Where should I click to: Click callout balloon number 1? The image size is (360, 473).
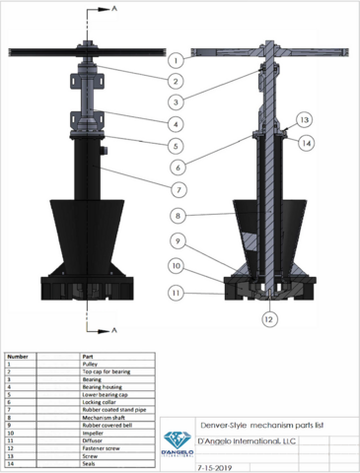(174, 59)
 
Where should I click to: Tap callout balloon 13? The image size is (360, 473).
(306, 119)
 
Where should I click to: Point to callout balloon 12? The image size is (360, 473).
(268, 317)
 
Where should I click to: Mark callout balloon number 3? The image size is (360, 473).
(174, 101)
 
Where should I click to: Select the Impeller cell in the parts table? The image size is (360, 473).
(94, 432)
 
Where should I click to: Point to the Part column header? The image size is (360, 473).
(87, 355)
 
